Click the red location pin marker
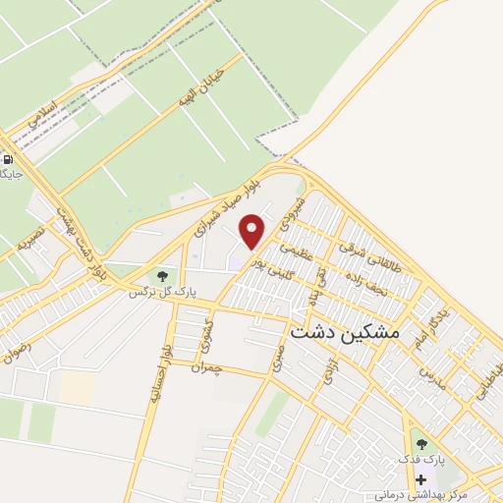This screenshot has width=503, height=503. tap(252, 231)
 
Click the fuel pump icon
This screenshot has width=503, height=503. tap(9, 159)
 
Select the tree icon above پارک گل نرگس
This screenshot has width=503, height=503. tap(162, 276)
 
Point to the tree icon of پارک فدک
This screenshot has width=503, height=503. tap(421, 445)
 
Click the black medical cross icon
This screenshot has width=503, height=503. tap(421, 480)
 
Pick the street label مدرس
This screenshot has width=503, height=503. tap(432, 376)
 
